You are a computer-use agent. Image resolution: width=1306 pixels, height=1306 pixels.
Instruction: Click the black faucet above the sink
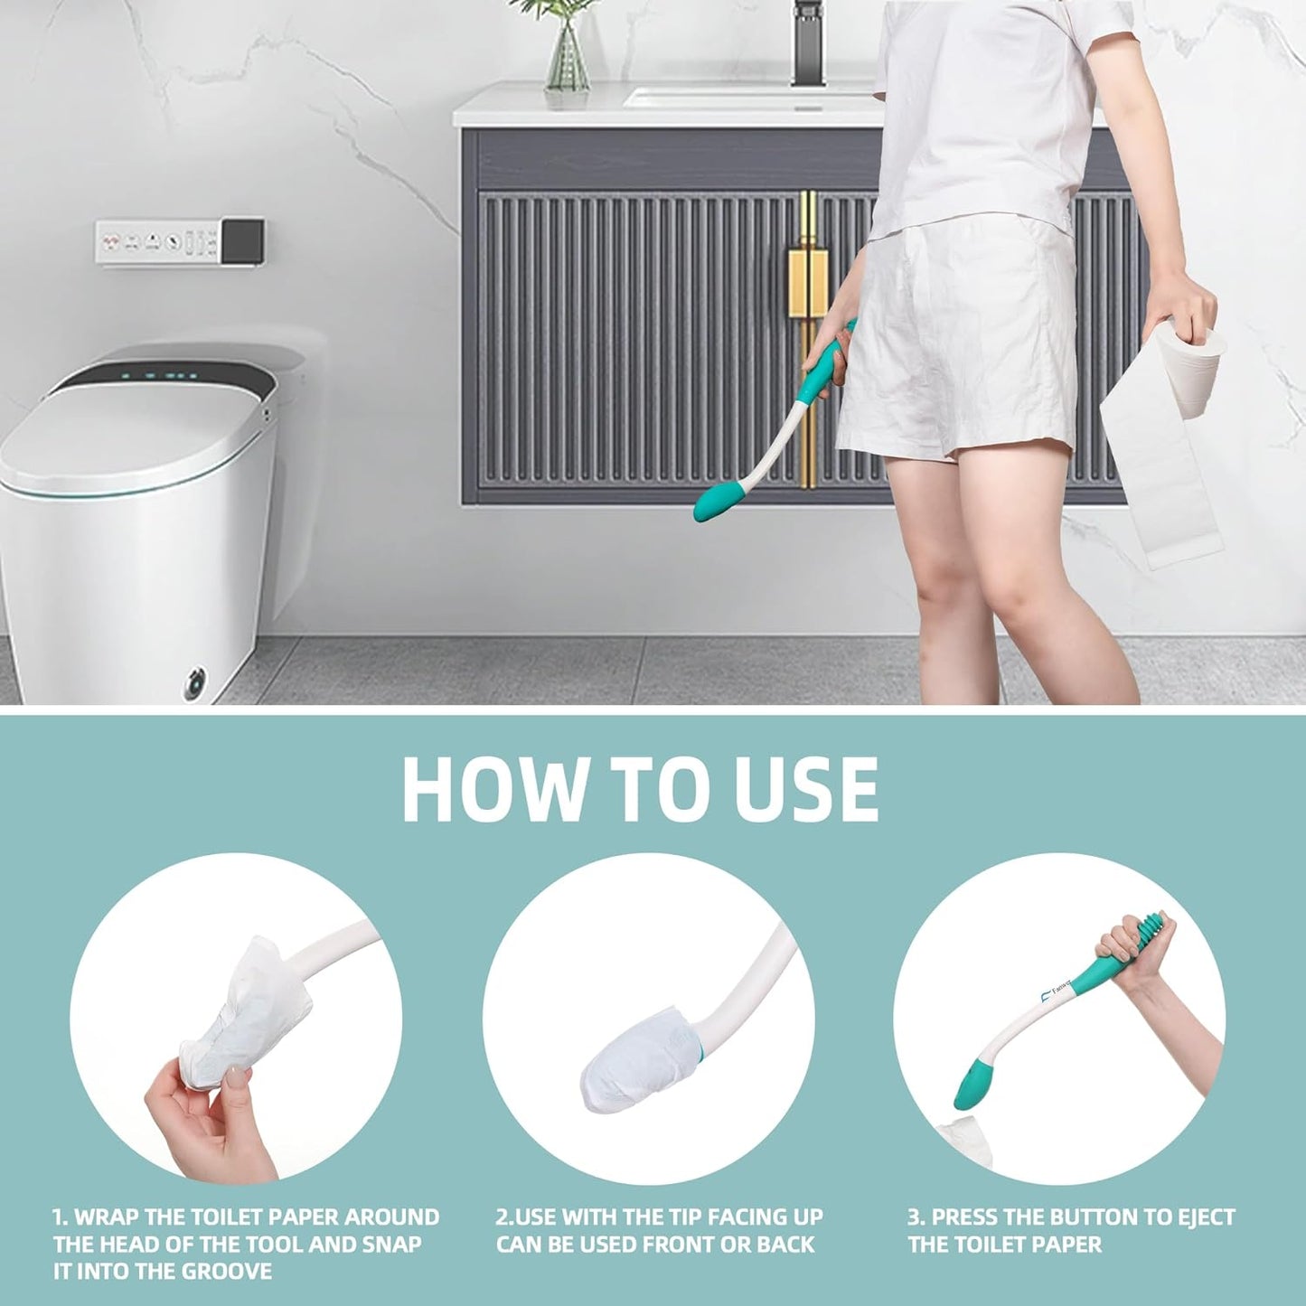(807, 41)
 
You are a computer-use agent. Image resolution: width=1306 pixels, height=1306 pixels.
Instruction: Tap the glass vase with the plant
(567, 59)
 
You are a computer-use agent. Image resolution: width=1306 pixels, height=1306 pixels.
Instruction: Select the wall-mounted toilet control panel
(180, 240)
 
